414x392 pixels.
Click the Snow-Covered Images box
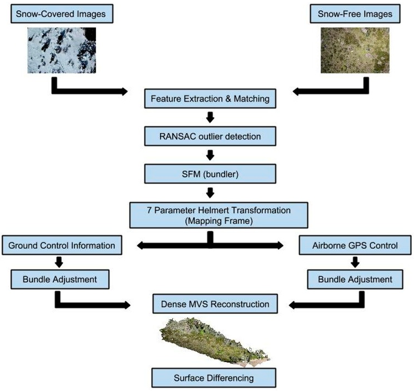point(61,14)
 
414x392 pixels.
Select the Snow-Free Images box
point(355,14)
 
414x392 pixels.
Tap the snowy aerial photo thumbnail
point(62,50)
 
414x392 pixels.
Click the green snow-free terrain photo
point(355,50)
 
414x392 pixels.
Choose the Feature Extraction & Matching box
point(209,99)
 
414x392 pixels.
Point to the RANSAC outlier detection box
point(209,136)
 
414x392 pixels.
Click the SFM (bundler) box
point(209,174)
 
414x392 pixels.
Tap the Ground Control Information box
point(61,246)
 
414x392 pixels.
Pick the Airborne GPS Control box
point(355,246)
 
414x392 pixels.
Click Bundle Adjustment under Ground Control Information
point(59,279)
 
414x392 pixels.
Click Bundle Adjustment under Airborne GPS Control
point(355,279)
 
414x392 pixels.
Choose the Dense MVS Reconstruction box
point(215,304)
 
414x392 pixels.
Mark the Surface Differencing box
point(214,378)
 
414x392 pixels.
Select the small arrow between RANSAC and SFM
point(209,155)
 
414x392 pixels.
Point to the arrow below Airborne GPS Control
point(355,263)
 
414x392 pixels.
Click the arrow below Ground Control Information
point(59,263)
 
